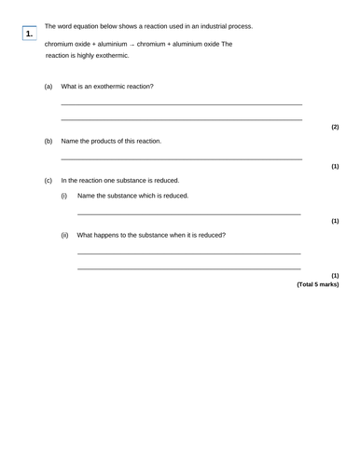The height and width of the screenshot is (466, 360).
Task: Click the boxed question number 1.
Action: pos(30,34)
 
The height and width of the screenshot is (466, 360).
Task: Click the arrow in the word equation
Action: pos(131,44)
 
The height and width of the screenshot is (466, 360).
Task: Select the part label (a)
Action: pos(48,86)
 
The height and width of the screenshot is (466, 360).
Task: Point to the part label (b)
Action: pos(48,142)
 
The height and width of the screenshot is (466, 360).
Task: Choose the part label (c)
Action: pos(48,180)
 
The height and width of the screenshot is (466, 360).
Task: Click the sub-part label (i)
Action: pos(64,196)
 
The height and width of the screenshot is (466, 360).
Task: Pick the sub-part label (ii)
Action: pos(64,235)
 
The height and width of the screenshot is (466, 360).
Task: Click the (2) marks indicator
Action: pos(335,127)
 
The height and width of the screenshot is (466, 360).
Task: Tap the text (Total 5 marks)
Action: pos(317,284)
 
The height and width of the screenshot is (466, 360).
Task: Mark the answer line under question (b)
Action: pos(181,159)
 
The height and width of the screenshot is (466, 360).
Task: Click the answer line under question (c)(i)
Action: pos(188,214)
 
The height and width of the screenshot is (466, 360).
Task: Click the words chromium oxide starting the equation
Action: pos(70,44)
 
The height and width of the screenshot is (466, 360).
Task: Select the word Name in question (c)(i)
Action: pos(88,196)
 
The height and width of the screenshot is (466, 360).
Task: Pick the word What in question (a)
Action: pos(70,86)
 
